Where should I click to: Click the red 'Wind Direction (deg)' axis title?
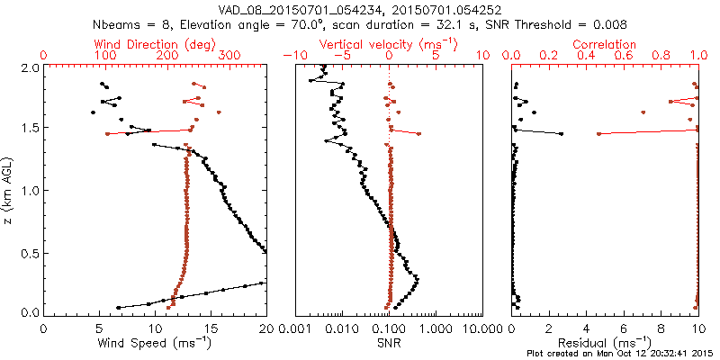(x=155, y=44)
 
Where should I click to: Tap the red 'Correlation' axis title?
(x=606, y=44)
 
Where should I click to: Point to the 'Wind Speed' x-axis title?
(x=155, y=343)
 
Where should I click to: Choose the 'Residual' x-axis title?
(x=606, y=343)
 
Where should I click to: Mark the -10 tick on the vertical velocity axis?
(x=293, y=56)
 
